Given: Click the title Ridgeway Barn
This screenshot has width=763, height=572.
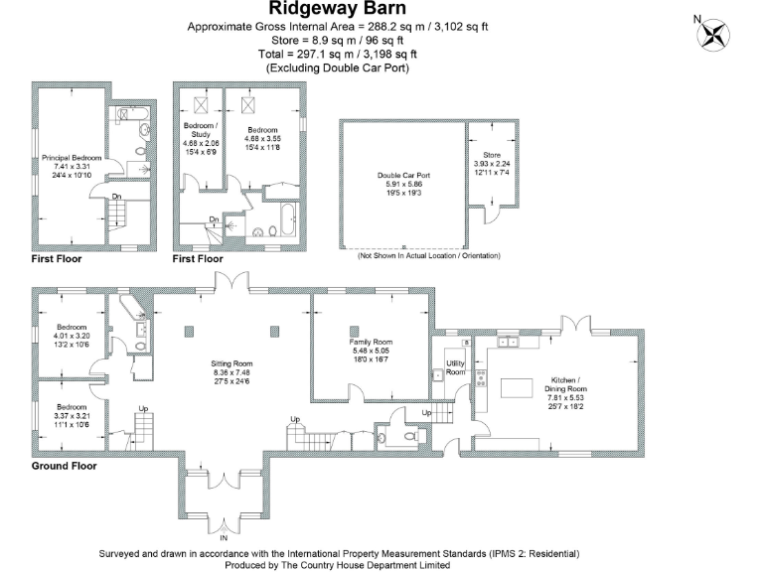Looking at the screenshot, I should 338,9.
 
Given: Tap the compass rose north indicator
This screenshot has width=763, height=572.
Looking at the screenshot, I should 711,34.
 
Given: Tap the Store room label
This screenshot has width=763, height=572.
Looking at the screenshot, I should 492,155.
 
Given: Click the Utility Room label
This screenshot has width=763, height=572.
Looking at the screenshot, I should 456,367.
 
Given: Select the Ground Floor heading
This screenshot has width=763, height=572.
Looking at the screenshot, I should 64,465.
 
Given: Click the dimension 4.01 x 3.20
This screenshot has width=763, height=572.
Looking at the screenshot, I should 72,336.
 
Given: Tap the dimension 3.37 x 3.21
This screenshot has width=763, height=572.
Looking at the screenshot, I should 72,416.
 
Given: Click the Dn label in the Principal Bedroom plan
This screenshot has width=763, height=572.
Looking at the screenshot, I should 116,196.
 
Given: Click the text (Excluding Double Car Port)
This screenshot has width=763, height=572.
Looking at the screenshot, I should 338,69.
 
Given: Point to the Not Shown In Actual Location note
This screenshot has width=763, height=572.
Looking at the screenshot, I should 429,256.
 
